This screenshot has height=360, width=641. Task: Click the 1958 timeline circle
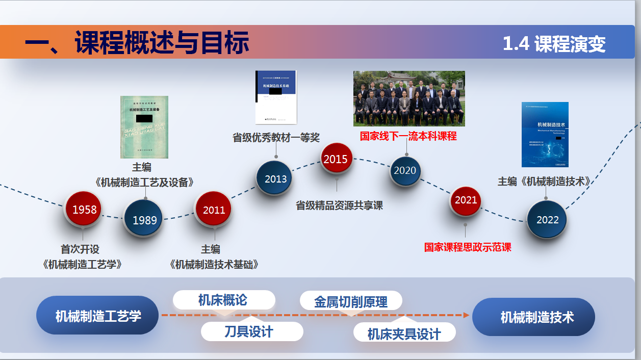click(84, 210)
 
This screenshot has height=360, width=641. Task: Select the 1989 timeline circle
click(144, 220)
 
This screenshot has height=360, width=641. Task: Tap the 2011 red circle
click(214, 210)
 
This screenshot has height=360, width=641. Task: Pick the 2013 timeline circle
click(275, 178)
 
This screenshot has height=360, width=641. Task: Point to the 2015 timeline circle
click(336, 160)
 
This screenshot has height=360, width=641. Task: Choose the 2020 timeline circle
click(405, 170)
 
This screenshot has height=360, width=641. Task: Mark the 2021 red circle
click(466, 200)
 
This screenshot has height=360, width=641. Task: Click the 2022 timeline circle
click(547, 220)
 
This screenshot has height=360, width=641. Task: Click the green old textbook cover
click(144, 127)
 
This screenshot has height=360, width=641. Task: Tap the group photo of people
click(409, 98)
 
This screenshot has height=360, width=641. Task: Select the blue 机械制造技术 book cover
click(545, 135)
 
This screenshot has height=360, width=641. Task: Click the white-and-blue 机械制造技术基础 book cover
click(275, 97)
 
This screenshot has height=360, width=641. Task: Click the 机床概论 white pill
click(223, 300)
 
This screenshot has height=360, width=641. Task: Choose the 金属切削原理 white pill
click(351, 301)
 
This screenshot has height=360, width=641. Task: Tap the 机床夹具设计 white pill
click(404, 333)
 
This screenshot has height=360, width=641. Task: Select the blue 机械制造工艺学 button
click(98, 316)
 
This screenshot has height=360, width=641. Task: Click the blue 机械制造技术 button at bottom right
click(533, 317)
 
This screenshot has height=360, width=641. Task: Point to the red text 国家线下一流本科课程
click(408, 136)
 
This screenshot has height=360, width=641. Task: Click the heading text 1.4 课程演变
click(554, 44)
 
